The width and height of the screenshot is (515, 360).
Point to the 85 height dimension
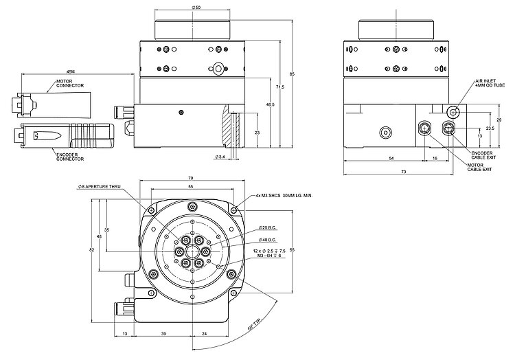click(x=293, y=74)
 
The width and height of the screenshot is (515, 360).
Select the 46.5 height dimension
click(x=270, y=104)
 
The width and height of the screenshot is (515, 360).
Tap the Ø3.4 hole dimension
click(x=220, y=157)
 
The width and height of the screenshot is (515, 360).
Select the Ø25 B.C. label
click(x=268, y=227)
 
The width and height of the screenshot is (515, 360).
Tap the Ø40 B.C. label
click(x=268, y=240)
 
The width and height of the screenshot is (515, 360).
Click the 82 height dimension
click(x=92, y=250)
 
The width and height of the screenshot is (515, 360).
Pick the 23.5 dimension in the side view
click(x=490, y=128)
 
